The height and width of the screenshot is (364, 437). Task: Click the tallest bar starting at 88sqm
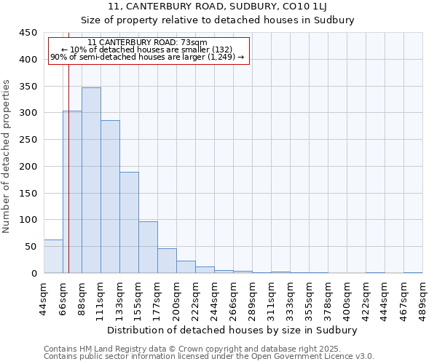click(91, 181)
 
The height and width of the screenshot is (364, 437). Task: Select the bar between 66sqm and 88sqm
click(72, 192)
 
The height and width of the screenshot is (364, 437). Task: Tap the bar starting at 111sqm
click(110, 197)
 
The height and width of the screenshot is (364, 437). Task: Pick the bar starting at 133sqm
click(129, 223)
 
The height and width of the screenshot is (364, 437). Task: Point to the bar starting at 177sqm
click(167, 261)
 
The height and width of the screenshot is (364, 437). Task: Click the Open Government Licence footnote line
click(209, 357)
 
